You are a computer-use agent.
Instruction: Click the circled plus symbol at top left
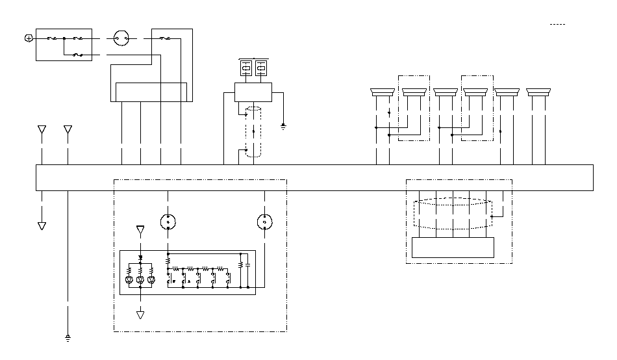(28, 38)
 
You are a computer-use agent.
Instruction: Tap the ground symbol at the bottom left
(68, 337)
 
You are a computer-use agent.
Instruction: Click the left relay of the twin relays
(246, 68)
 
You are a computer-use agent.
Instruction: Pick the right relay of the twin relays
(261, 68)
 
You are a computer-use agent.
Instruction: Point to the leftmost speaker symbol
(382, 92)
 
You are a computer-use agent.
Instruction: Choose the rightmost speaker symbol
(538, 92)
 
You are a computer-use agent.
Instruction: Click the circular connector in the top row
(121, 38)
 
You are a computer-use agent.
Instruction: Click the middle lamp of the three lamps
(140, 279)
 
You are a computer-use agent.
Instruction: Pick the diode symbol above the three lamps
(140, 259)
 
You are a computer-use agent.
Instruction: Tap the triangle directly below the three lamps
(140, 315)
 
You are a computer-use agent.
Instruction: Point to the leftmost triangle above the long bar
(42, 130)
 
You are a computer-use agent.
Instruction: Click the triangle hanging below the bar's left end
(42, 225)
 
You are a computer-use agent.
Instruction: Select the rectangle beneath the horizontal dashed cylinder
(453, 248)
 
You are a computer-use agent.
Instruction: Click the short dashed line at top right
(557, 24)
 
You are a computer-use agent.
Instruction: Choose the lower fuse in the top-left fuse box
(77, 55)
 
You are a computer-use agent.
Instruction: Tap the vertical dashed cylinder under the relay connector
(253, 133)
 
